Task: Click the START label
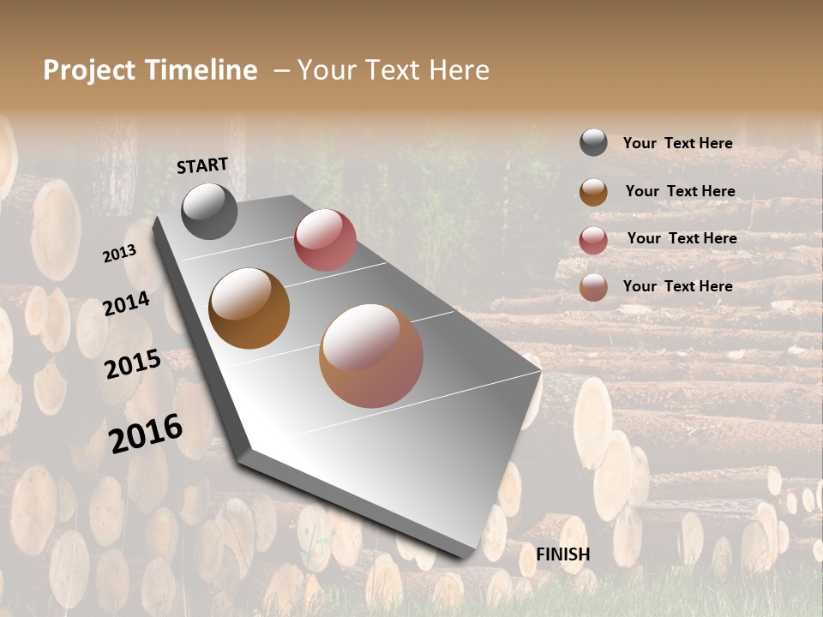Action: pos(202,165)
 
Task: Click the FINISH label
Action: pos(563,554)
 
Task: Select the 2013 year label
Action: pos(119,254)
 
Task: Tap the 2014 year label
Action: pos(127,303)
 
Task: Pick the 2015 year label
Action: pos(133,363)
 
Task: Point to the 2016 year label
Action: pos(146,434)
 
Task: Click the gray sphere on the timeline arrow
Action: pos(209,211)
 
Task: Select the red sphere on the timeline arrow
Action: pos(325,240)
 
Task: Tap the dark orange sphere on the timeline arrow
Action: pos(249,308)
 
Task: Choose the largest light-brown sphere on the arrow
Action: pos(371,356)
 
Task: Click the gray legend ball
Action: pos(593,142)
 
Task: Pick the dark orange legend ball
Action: pos(593,192)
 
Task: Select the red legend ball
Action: pos(593,240)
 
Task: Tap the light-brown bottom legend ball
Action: pos(593,287)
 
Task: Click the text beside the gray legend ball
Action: pos(677,143)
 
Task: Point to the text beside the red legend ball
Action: pos(682,238)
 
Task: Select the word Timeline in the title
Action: pos(201,70)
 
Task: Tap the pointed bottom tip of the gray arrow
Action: pos(467,553)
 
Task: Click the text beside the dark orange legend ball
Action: pos(680,191)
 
